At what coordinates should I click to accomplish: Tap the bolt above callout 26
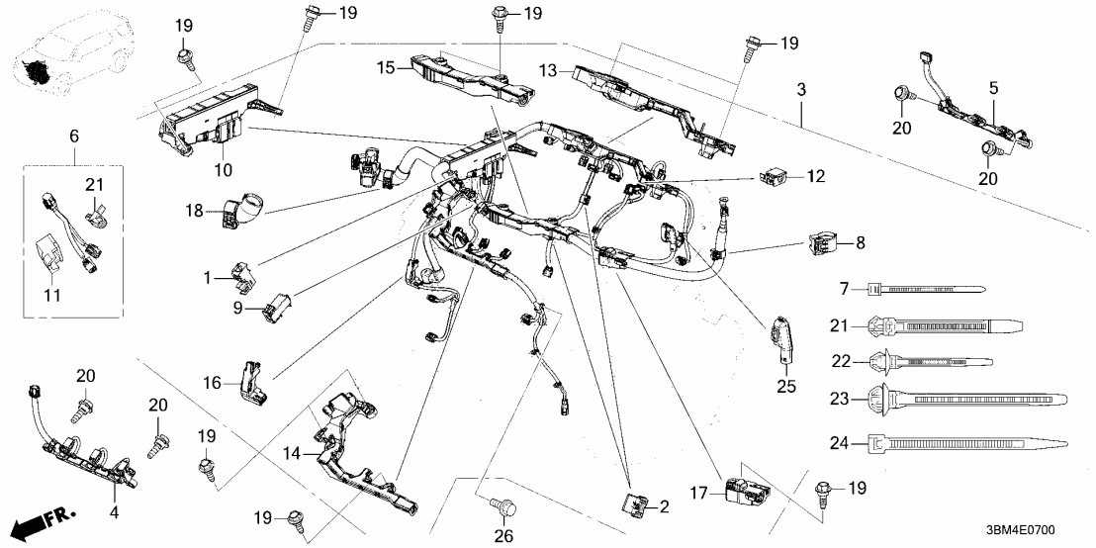[502, 507]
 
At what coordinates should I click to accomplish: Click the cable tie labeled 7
[924, 289]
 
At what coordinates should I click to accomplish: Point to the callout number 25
[787, 385]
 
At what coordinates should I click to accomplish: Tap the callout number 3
[801, 91]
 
